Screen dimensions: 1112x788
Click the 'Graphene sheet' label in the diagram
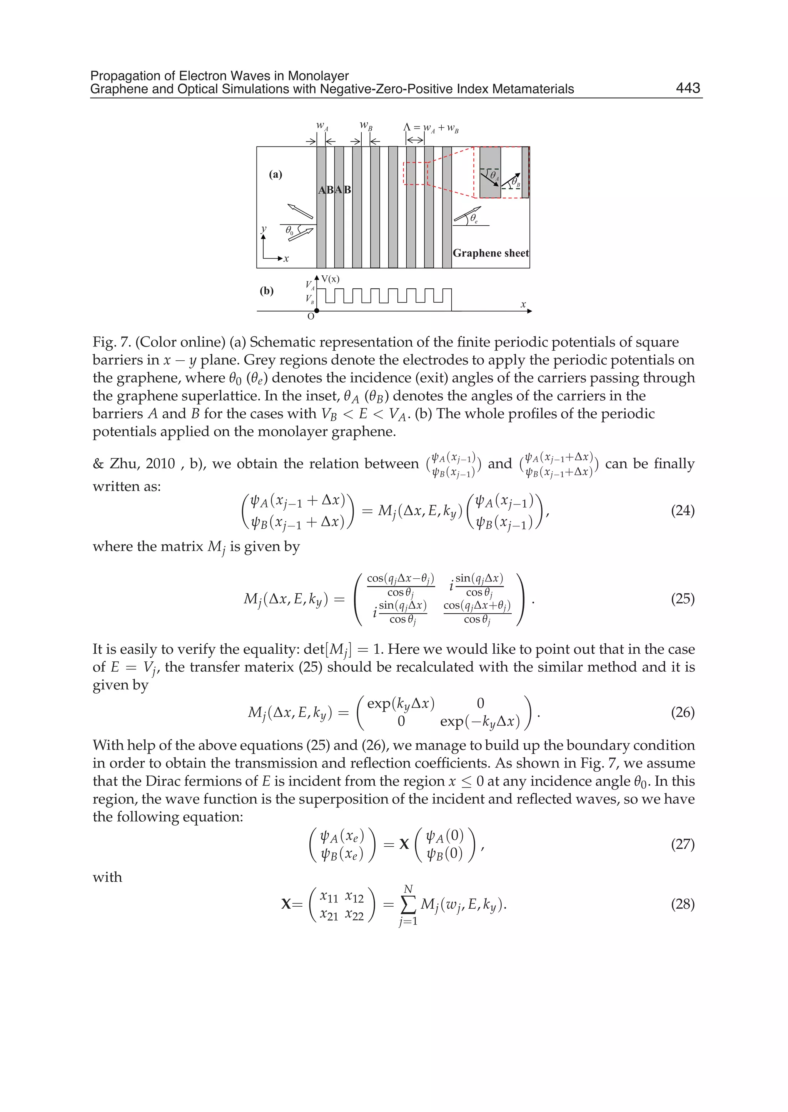490,253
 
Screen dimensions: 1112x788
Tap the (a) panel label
275,175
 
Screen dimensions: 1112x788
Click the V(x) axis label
330,279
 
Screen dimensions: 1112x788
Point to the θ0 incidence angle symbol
289,230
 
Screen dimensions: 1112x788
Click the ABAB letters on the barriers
334,190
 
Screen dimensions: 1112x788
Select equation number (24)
682,511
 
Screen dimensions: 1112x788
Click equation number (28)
682,904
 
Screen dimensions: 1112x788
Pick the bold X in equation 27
404,844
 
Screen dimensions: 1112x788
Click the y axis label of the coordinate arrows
264,229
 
